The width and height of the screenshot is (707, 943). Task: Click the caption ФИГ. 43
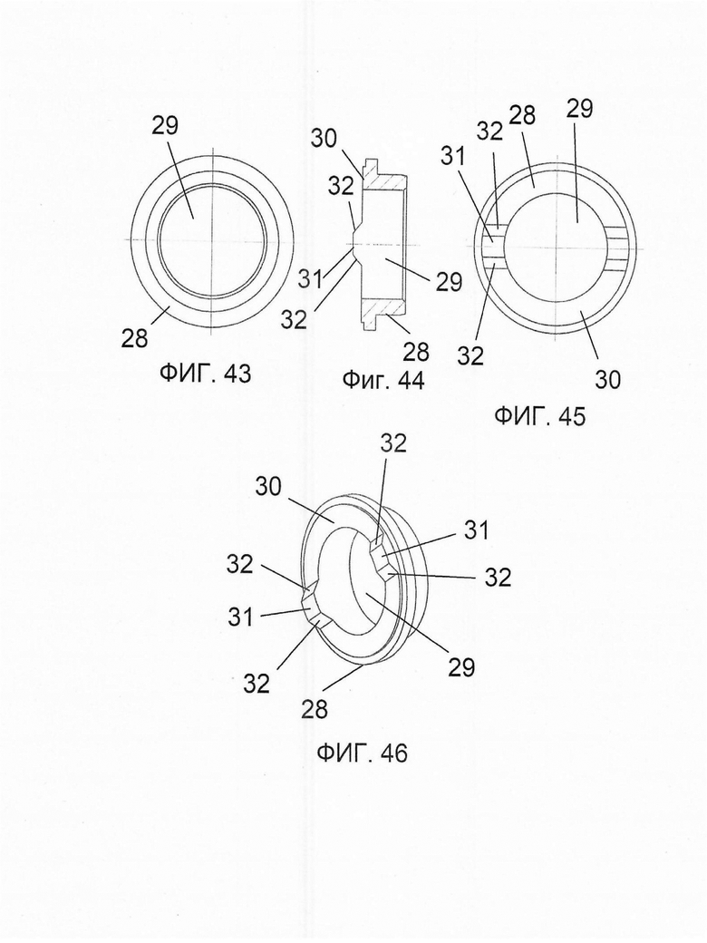pos(205,374)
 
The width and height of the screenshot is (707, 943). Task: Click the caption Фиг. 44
pos(383,380)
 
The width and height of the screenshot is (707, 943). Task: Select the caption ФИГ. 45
pos(539,416)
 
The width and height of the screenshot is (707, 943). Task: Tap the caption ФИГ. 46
pos(362,753)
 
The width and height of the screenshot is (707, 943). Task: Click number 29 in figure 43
pos(165,126)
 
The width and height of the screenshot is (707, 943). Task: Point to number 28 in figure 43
pos(134,338)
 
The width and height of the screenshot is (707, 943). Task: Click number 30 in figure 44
pos(324,139)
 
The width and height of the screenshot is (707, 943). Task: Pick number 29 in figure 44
pos(449,282)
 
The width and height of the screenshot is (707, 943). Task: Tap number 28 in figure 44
pos(416,351)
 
